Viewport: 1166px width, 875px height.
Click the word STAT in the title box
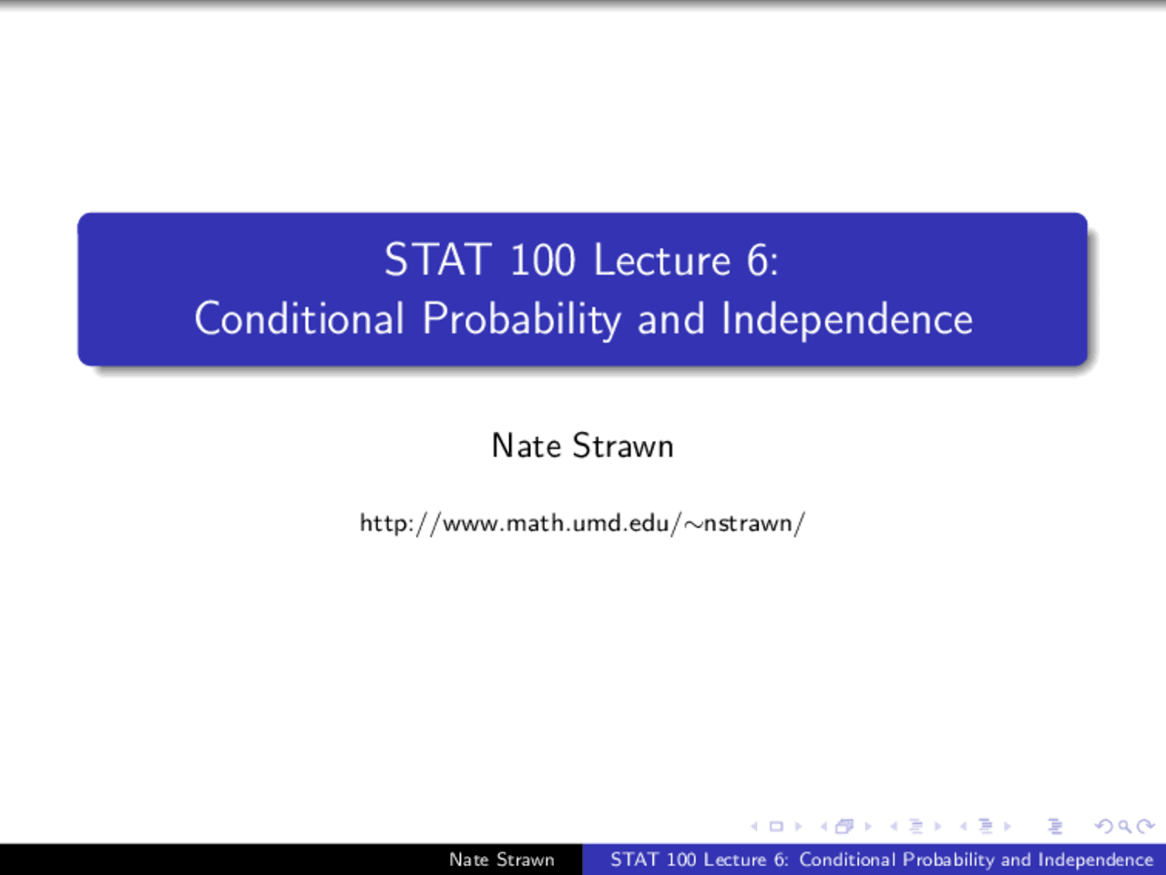437,261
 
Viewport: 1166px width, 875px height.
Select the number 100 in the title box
542,261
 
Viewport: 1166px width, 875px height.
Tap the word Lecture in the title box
662,261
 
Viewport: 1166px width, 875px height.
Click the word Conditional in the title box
299,319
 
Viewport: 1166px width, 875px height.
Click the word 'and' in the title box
671,319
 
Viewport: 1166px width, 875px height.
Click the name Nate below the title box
526,446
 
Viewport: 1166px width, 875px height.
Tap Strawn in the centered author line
623,446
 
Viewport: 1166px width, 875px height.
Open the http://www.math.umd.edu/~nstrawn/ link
582,523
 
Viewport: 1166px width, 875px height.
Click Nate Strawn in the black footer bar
501,860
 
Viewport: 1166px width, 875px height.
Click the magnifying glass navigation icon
1125,827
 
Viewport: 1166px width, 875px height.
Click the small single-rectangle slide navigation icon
776,827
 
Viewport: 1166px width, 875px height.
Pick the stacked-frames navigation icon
845,827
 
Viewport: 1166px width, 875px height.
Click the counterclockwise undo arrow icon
1104,827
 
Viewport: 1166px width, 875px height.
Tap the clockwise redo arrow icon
1145,827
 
